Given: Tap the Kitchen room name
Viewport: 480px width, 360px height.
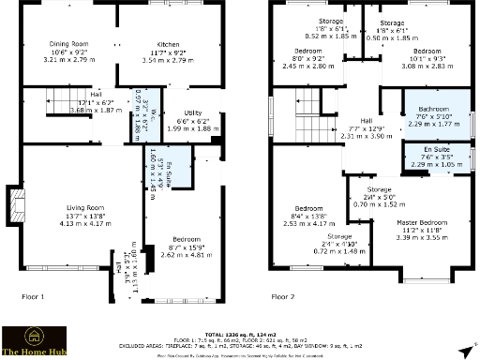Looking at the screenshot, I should [169, 43].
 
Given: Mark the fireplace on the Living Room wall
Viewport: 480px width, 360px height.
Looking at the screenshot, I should [12, 203].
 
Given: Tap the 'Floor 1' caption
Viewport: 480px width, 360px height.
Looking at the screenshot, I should [33, 295].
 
